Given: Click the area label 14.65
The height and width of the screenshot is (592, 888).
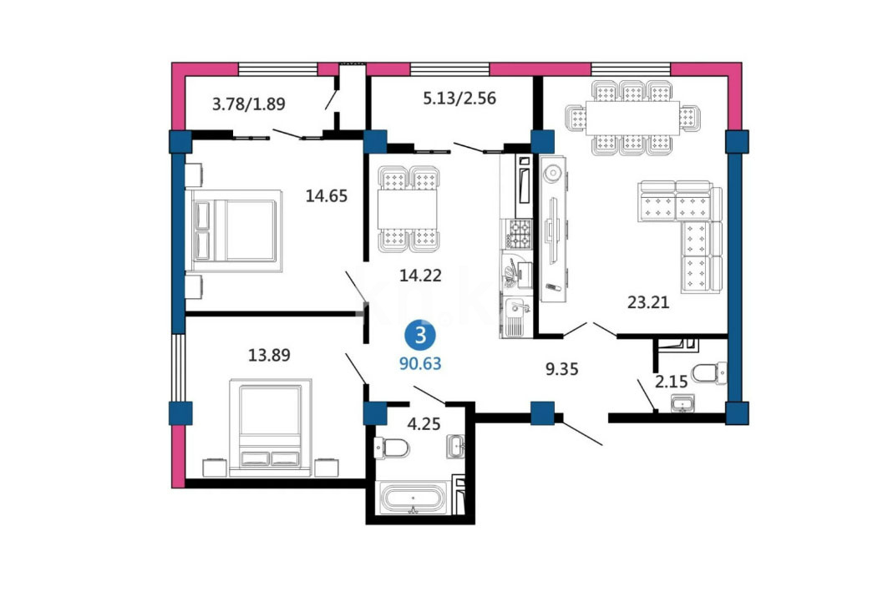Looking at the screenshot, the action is tap(326, 196).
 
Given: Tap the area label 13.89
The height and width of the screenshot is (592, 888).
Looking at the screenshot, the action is tap(269, 355).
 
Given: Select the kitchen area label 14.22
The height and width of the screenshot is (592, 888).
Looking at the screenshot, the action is tap(420, 276).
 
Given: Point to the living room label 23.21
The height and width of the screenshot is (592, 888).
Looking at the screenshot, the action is tap(648, 302).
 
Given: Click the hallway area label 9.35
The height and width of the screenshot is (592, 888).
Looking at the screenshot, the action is tap(562, 369).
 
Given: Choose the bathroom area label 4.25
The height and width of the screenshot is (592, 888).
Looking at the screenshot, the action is tap(424, 423).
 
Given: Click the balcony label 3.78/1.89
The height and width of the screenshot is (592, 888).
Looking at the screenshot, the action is tap(249, 104).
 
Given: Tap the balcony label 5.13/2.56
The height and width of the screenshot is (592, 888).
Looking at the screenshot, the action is tap(459, 99).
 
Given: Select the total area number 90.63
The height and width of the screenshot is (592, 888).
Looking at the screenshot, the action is tap(420, 363).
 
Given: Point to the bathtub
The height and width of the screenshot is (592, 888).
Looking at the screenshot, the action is tap(416, 498).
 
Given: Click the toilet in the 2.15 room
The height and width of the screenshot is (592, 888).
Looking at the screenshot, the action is tap(709, 373).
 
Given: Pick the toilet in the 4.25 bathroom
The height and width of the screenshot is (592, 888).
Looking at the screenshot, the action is tap(392, 448).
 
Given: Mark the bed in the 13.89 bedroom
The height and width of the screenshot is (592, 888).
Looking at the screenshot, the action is tap(270, 428).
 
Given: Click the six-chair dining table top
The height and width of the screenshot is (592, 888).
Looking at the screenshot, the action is tap(632, 118).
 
